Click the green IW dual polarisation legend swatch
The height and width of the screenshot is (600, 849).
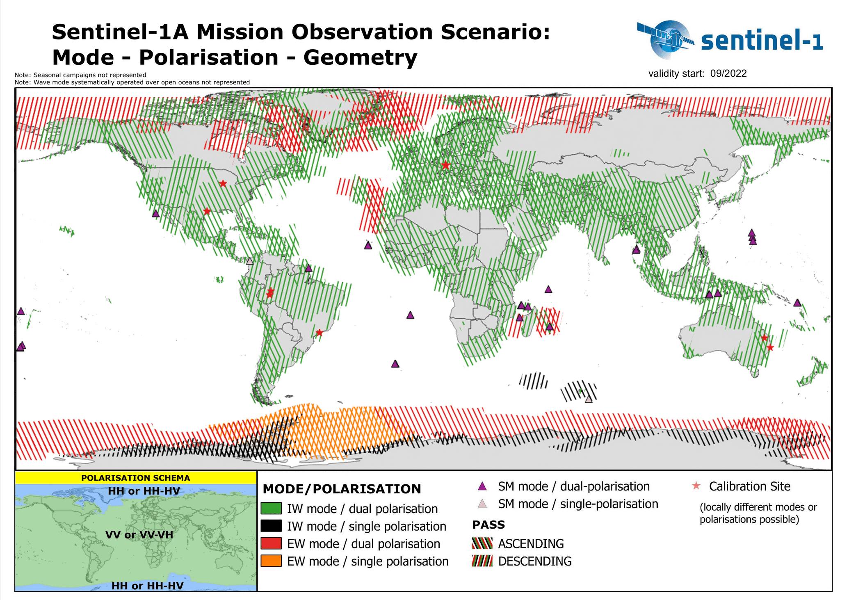click(271, 509)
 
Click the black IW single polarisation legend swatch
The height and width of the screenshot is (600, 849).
click(271, 526)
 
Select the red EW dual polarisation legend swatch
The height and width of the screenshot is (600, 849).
click(271, 543)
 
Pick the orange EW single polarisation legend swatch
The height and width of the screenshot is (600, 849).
click(271, 561)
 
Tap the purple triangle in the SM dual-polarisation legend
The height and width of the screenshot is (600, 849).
click(482, 487)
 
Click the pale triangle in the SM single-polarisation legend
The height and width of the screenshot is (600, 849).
click(482, 504)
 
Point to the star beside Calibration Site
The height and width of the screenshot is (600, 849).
click(696, 486)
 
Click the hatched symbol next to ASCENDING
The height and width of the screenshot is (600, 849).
click(482, 543)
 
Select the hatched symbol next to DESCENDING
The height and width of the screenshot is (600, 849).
click(482, 561)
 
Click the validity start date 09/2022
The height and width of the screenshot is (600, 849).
click(728, 73)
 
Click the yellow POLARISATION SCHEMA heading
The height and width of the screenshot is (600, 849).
click(135, 478)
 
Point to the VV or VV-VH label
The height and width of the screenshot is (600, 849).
click(139, 535)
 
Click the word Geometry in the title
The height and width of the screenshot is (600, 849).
click(360, 57)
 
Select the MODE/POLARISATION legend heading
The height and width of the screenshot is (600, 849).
click(342, 489)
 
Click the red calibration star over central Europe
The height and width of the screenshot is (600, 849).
click(446, 166)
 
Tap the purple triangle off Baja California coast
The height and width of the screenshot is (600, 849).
click(155, 214)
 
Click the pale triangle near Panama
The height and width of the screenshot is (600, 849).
click(250, 261)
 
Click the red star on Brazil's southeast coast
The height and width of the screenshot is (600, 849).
click(320, 333)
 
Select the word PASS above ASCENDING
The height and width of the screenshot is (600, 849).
click(488, 525)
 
